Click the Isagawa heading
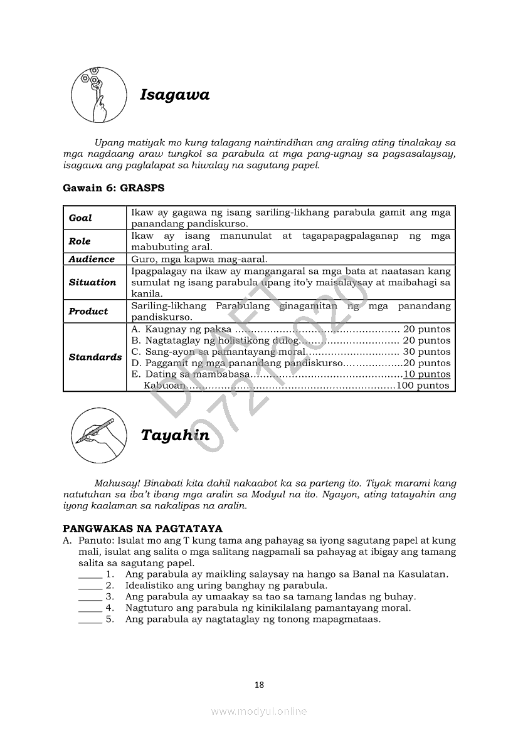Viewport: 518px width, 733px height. point(174,95)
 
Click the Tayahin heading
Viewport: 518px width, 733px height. point(175,435)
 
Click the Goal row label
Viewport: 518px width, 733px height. point(80,218)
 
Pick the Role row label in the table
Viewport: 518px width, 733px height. point(80,241)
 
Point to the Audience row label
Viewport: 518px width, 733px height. point(92,259)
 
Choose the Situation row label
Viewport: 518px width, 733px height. point(92,282)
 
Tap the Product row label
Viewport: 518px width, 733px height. point(88,311)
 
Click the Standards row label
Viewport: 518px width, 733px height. point(95,357)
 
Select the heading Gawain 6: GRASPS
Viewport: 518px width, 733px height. point(114,187)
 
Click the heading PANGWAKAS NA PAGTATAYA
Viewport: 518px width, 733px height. point(143,529)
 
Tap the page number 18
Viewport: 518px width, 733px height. point(259,685)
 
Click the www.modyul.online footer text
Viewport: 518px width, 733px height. point(259,711)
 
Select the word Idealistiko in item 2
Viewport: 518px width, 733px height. point(151,586)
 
